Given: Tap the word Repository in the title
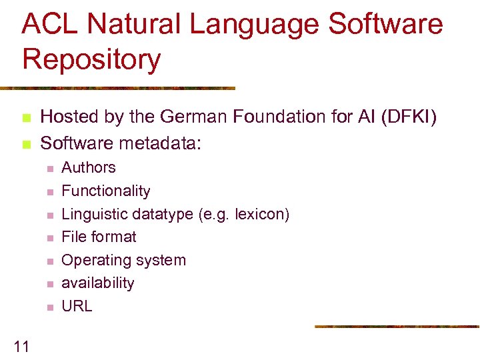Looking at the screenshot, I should coord(91,59).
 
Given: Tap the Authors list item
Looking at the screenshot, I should coord(89,168).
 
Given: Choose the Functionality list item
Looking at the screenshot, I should coord(106,191).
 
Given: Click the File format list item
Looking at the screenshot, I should coord(99,237).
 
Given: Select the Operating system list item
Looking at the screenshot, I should coord(123,261).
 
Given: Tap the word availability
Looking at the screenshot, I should coord(98,283).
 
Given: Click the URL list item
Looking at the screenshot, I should coord(77,307).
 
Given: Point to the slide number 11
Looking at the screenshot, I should coord(21,345).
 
